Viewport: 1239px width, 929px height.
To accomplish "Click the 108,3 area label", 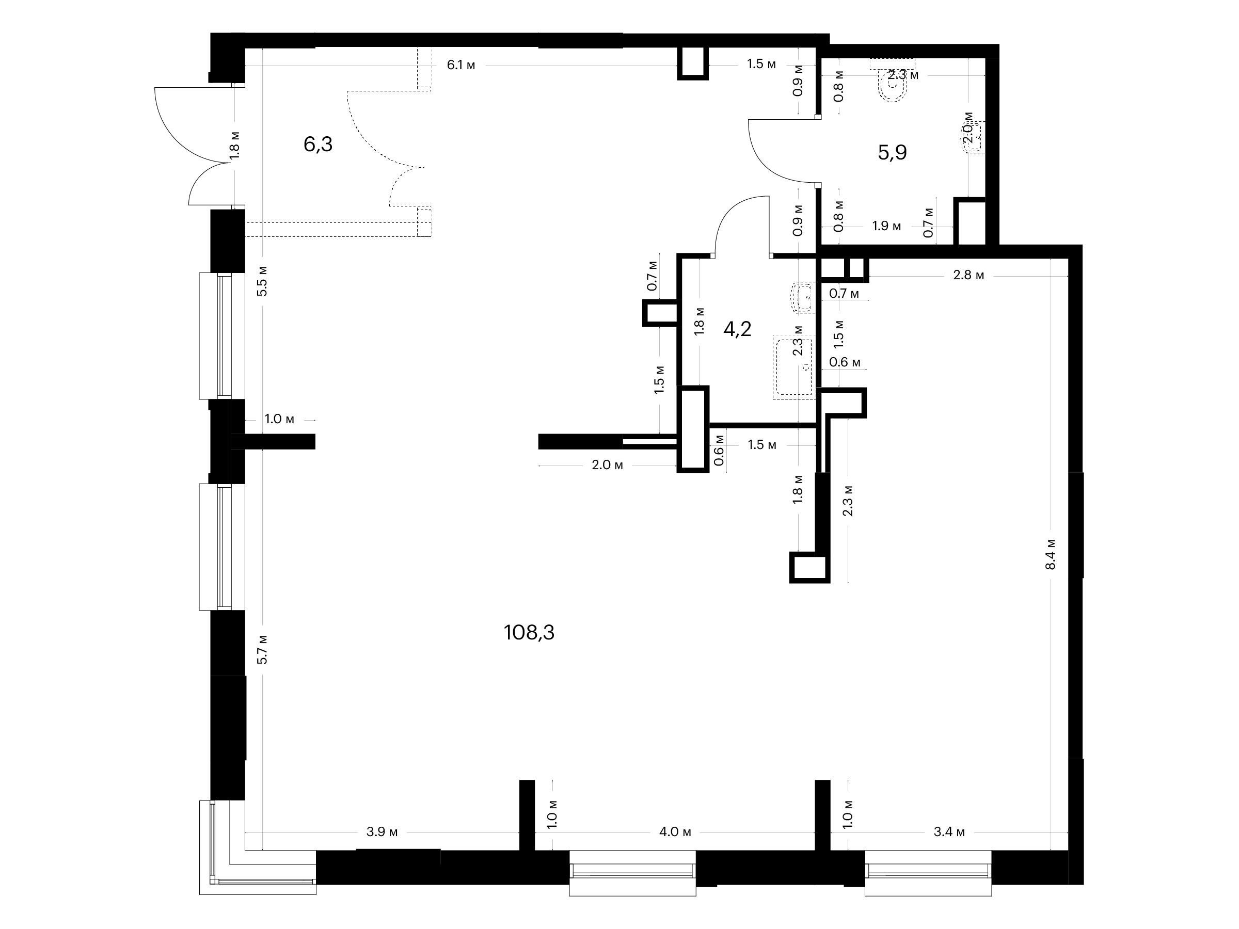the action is [x=529, y=632].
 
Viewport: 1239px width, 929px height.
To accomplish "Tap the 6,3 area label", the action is [x=318, y=144].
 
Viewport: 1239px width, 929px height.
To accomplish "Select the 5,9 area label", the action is [x=892, y=152].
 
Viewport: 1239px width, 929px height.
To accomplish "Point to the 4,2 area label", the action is [x=737, y=329].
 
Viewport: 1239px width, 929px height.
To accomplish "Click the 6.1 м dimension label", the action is [x=461, y=65].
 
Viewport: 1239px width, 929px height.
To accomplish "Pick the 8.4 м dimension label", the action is [x=1051, y=554].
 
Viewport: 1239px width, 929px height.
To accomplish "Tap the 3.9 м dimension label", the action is [x=382, y=831].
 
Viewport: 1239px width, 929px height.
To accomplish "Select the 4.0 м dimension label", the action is [x=675, y=831].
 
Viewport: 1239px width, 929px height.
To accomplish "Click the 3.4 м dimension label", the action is [x=949, y=831].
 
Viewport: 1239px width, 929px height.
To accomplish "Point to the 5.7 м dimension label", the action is [x=262, y=649].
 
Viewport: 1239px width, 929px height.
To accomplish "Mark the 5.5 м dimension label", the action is [x=262, y=281].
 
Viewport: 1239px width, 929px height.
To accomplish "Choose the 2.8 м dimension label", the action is [x=968, y=275].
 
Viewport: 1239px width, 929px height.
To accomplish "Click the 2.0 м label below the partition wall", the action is [x=607, y=465].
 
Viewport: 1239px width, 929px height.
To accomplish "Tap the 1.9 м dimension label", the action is [x=887, y=226].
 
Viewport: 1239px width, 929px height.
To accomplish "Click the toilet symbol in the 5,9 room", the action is [x=894, y=85].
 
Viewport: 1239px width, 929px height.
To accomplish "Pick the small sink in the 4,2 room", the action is [x=803, y=297].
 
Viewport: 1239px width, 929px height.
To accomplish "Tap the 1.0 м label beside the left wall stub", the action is [x=279, y=419].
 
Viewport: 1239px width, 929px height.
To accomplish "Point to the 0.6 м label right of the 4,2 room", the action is [x=845, y=362].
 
